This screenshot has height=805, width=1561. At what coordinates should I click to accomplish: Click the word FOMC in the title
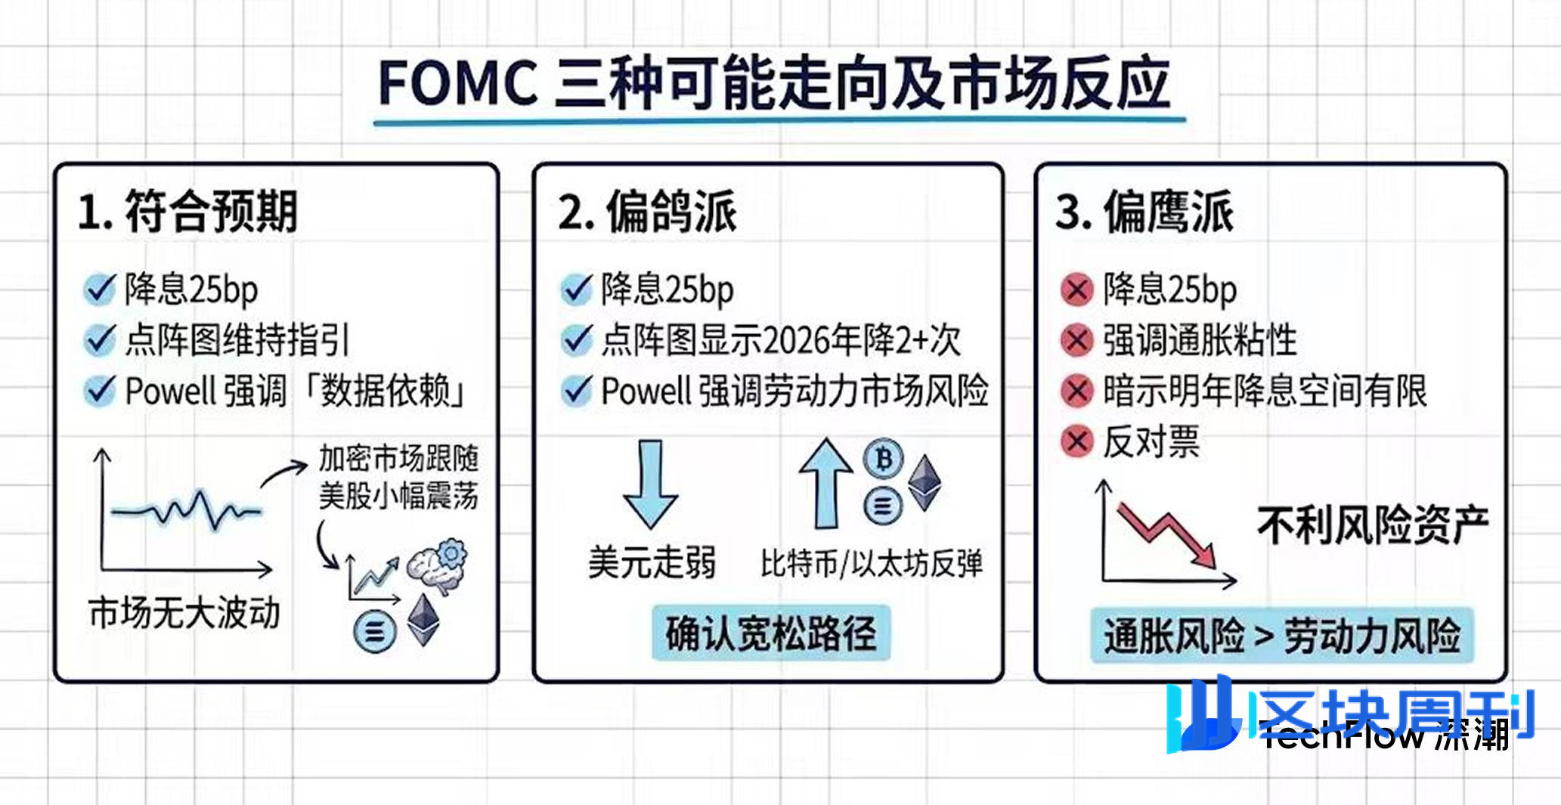tap(457, 83)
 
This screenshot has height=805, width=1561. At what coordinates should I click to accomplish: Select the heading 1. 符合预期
tap(187, 211)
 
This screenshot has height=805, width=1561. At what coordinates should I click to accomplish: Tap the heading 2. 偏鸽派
tap(647, 212)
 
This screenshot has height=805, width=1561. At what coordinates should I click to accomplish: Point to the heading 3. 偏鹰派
tap(1144, 212)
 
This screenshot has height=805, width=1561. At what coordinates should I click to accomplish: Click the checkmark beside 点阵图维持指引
tap(99, 340)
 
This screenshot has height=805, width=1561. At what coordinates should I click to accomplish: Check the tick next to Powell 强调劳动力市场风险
tap(577, 391)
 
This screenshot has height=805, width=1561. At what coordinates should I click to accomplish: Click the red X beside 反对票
tap(1076, 441)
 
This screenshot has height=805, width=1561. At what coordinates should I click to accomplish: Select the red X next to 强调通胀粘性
tap(1076, 340)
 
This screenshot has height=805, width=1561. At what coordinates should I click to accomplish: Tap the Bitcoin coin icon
tap(883, 458)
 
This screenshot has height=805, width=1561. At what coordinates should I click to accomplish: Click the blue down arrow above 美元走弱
tap(650, 484)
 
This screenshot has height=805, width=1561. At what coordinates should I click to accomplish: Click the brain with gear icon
tap(437, 565)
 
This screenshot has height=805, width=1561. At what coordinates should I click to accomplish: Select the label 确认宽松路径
tap(771, 633)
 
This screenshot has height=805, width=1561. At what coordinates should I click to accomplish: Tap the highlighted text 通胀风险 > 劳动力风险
tap(1282, 636)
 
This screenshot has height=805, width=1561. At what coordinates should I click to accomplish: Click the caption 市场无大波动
tap(184, 612)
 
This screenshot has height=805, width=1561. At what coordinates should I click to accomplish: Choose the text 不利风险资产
tap(1373, 525)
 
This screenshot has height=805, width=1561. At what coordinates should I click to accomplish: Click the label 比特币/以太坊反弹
tap(872, 564)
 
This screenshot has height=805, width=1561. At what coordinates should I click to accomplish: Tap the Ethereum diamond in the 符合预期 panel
tap(423, 620)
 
